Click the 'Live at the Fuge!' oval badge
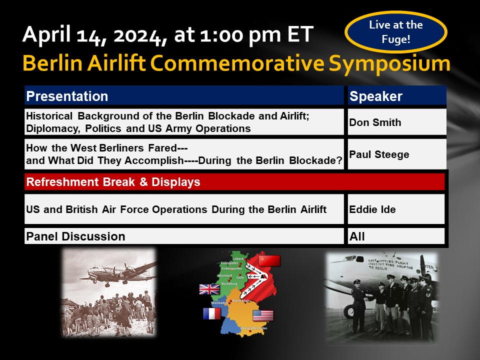click(395, 32)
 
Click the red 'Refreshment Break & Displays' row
click(234, 182)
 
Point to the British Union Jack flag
click(209, 289)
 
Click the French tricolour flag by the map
click(211, 313)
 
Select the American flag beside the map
click(263, 315)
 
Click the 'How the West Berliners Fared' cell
click(184, 154)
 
